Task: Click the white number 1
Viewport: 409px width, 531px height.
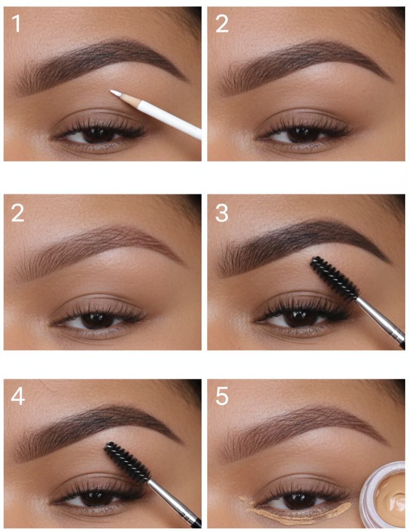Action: pos(15,24)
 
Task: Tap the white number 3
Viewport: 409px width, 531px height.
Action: pos(222,213)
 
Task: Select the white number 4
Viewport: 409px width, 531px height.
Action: pos(17,396)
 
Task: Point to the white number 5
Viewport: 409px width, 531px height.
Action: pos(222,396)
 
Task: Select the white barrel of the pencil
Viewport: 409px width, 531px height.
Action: pos(169,120)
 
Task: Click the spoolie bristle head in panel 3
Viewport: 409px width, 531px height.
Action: pos(334,278)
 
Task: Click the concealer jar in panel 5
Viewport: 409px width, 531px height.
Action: pos(383,495)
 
